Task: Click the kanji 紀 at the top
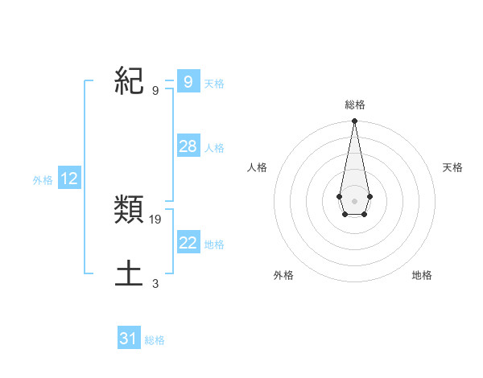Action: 130,80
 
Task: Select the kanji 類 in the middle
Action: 130,212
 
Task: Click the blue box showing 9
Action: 188,81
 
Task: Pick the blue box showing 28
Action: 188,146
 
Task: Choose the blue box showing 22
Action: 188,242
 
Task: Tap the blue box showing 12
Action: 68,179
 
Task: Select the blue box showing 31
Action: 128,339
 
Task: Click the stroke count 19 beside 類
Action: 155,219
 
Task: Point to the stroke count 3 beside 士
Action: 155,283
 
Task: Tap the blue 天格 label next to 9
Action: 214,83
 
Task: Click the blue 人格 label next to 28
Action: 214,148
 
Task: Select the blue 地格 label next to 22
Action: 214,244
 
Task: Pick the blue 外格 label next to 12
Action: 43,181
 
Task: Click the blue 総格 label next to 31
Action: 155,340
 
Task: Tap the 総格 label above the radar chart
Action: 354,105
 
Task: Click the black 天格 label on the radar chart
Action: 452,167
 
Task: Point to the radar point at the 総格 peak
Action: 354,121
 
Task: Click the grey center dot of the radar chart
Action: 354,200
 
